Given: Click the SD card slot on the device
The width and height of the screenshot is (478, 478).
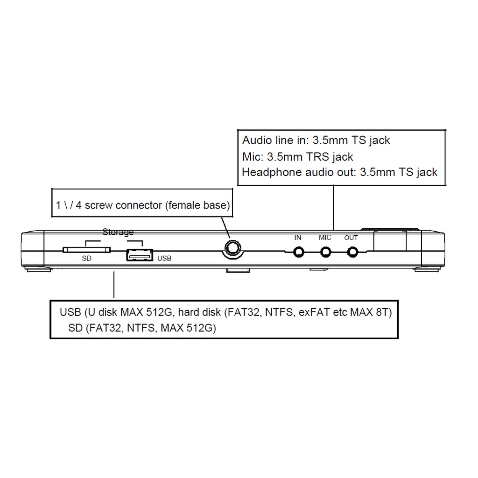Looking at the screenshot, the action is pos(86,250).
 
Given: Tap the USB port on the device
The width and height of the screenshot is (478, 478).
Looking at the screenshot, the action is pos(140,255).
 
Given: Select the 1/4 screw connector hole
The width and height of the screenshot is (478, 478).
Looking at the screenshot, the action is pos(233,248).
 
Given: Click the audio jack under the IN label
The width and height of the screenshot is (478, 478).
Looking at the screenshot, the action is pos(298,252).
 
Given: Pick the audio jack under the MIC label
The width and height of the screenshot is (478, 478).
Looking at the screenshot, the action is pos(325,252).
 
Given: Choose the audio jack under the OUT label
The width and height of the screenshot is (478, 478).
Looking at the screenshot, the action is pos(353,252).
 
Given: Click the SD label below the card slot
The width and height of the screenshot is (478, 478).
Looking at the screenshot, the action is pos(86,259).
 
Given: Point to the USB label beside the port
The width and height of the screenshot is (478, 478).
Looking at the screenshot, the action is pos(164,259).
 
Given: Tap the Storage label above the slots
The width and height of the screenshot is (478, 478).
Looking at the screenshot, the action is pos(118,232).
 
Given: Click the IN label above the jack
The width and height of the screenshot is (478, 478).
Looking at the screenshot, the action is pos(297,238).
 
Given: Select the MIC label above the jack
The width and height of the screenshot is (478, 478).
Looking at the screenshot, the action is pos(325,238).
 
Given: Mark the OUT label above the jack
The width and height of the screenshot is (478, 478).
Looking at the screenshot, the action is pos(351,238).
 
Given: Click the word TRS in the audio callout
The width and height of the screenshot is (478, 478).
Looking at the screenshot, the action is pos(317,157).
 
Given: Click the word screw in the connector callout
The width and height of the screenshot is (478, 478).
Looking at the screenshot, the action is pos(98,205).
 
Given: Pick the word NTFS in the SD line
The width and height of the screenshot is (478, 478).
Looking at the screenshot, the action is pos(141,328).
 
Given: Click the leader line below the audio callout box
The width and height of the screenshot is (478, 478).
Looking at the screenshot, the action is pos(333,208).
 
